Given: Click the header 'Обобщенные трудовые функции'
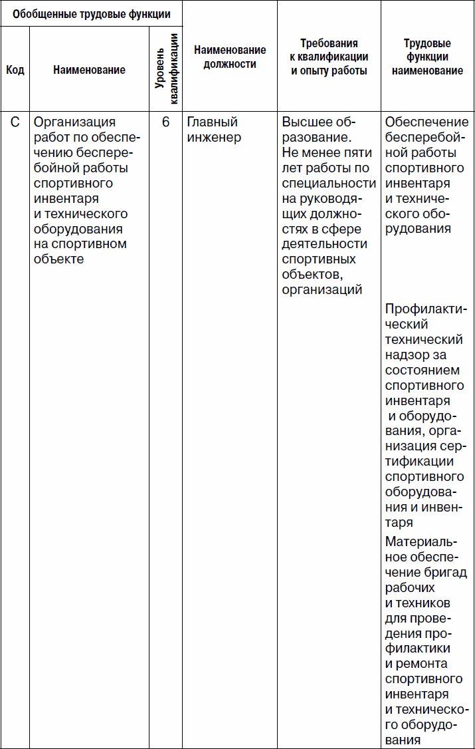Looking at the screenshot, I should (91, 13).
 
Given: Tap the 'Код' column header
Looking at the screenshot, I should (15, 70).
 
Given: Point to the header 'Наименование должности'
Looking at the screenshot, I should (230, 57).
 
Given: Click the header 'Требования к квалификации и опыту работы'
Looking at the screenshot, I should (329, 57).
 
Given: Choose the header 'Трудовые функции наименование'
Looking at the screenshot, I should (427, 57).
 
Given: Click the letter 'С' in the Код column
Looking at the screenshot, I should (15, 122).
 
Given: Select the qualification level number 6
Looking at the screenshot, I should (165, 122).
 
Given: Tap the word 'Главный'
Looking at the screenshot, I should (212, 122).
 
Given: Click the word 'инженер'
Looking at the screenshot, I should (214, 138).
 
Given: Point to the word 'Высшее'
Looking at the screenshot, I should (308, 122).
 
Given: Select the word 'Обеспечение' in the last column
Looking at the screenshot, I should (427, 122).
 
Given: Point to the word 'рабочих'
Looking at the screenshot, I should (410, 587).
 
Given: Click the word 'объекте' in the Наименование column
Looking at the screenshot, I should (58, 259).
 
